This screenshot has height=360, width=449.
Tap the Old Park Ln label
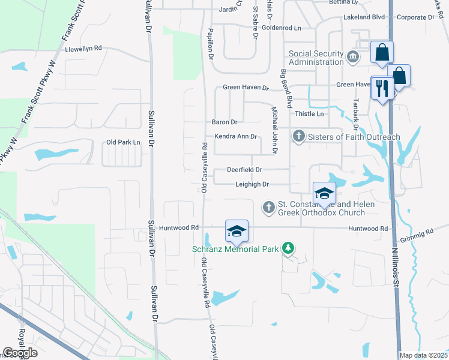[x=123, y=142]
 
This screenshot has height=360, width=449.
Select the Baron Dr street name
[x=225, y=122]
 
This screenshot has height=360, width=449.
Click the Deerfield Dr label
[x=244, y=170]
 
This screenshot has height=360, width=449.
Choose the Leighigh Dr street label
[x=252, y=184]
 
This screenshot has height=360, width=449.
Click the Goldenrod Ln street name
[x=281, y=28]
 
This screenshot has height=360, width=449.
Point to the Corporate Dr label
[x=415, y=18]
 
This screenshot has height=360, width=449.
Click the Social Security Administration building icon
[x=352, y=58]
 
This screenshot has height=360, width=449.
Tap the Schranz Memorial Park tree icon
[x=289, y=248]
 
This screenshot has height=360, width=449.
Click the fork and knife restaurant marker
[x=382, y=89]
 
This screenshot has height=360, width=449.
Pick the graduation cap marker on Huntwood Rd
[x=237, y=231]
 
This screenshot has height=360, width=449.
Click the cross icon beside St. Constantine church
[x=268, y=208]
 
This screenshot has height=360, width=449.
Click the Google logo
[x=20, y=353]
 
